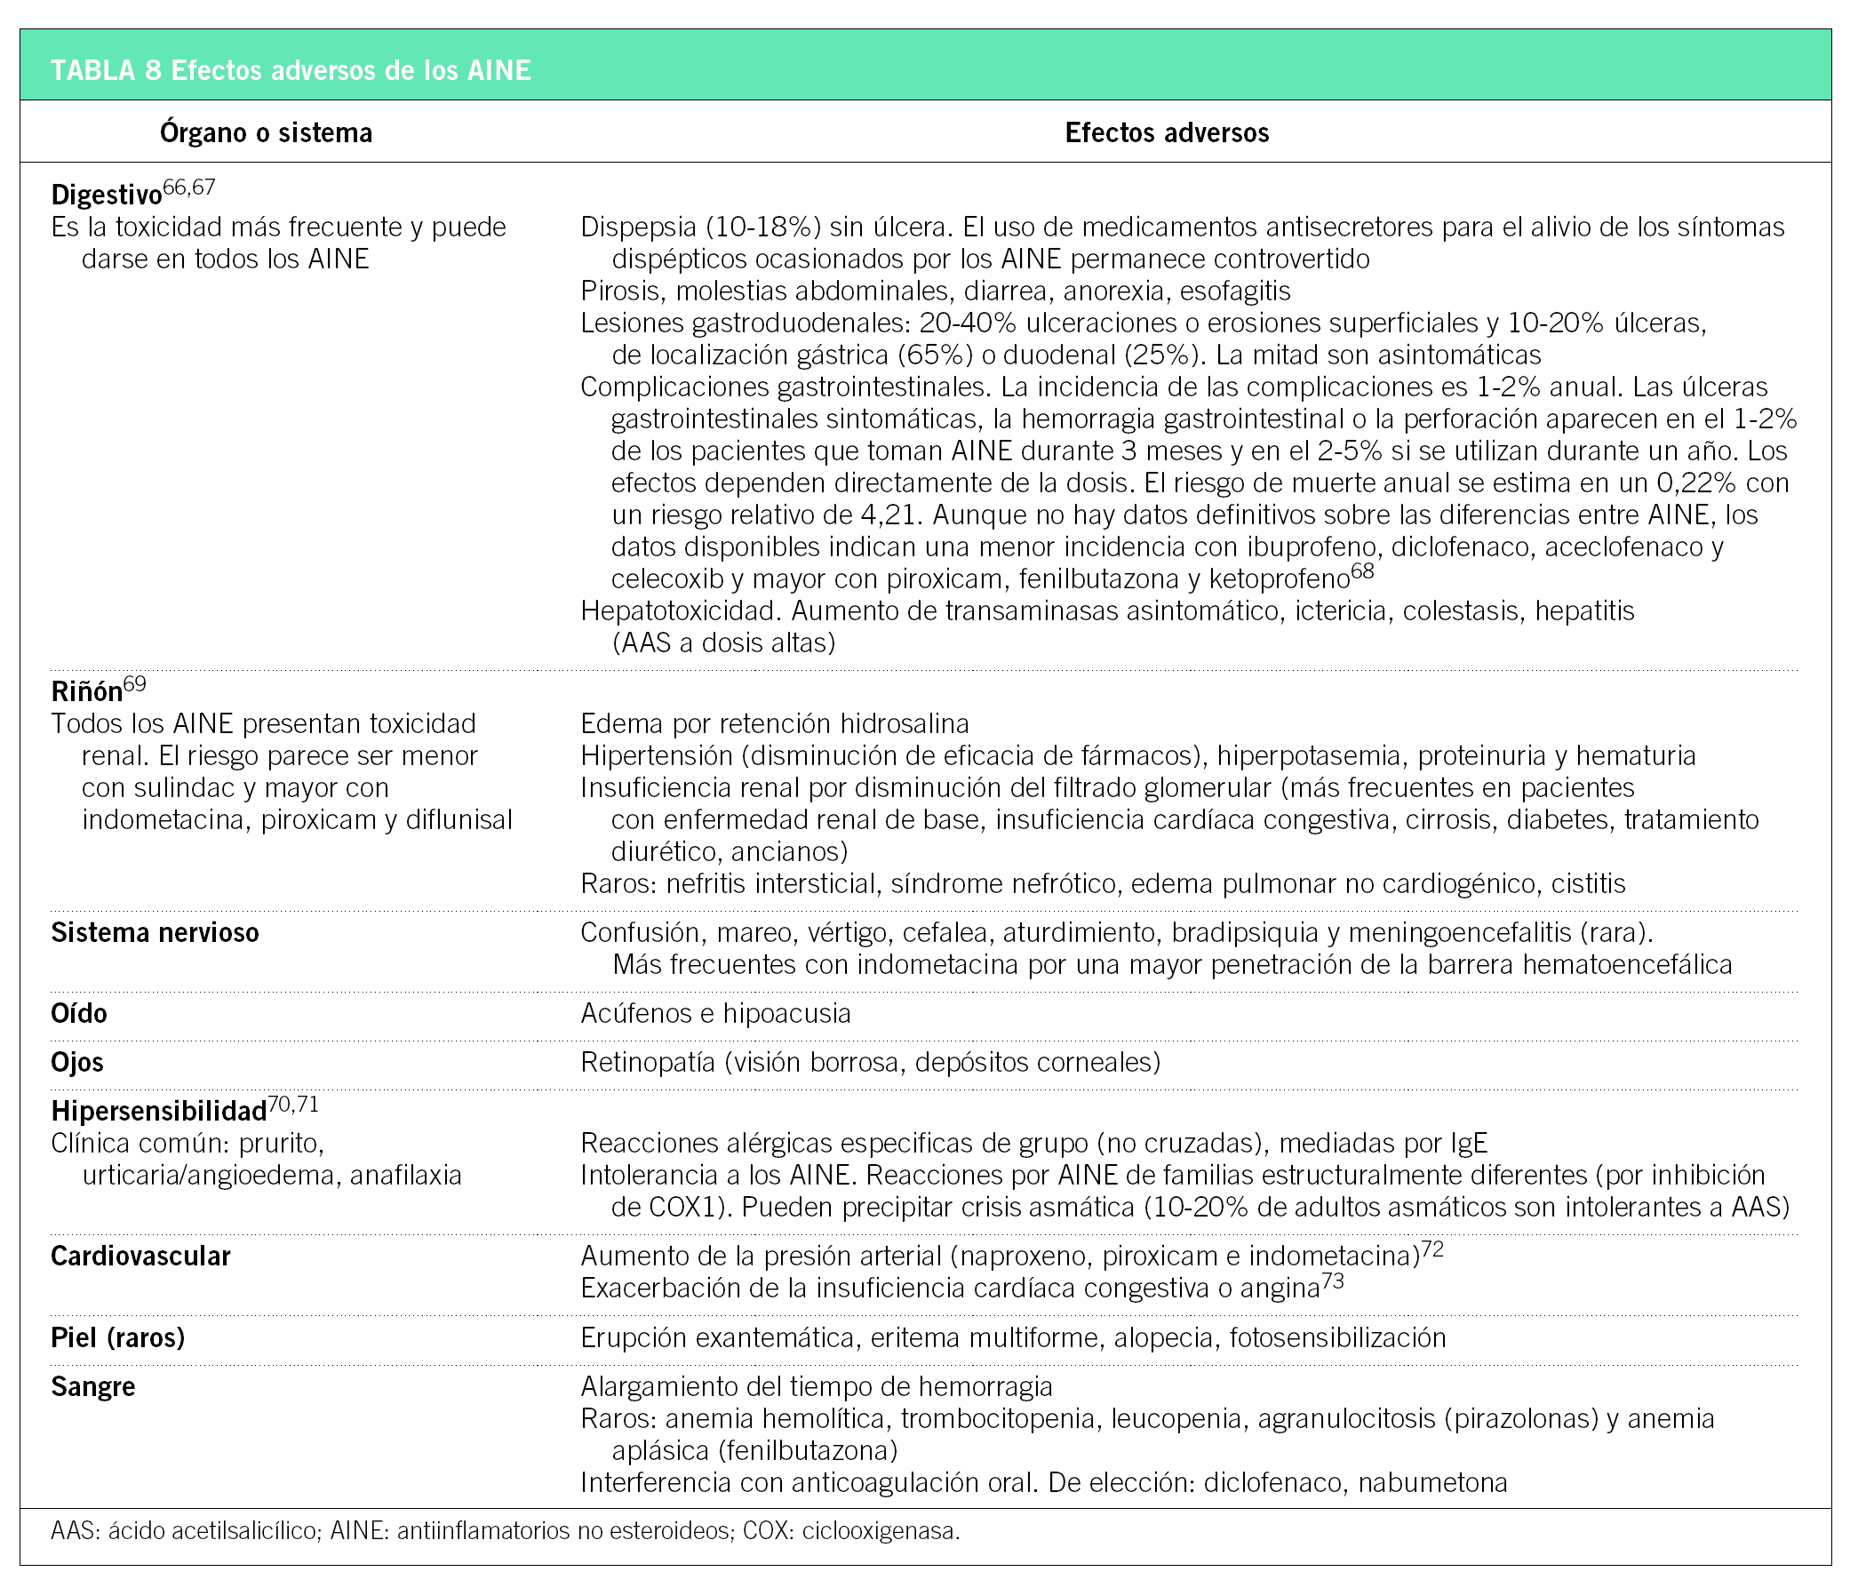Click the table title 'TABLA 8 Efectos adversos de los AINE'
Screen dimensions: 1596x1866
tap(290, 70)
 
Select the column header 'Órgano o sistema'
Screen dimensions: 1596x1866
tap(266, 133)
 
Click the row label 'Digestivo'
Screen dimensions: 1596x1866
tap(107, 196)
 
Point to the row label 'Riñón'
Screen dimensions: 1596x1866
tap(86, 691)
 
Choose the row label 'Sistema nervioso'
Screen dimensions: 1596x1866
tap(155, 932)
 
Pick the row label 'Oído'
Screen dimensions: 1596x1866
tap(78, 1013)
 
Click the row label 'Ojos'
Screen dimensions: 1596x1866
tap(76, 1063)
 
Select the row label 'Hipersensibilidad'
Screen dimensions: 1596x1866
tap(158, 1112)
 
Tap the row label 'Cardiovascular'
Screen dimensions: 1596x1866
tap(140, 1257)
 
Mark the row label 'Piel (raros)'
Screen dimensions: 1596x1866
tap(118, 1337)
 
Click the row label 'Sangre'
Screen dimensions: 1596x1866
tap(92, 1387)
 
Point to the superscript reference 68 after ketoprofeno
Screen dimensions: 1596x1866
tap(1361, 571)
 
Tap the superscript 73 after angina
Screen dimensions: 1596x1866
tap(1332, 1280)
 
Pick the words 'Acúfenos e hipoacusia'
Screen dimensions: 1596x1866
tap(715, 1014)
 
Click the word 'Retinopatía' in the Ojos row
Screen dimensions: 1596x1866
tap(649, 1063)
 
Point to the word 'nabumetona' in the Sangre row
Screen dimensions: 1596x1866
tap(1431, 1482)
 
